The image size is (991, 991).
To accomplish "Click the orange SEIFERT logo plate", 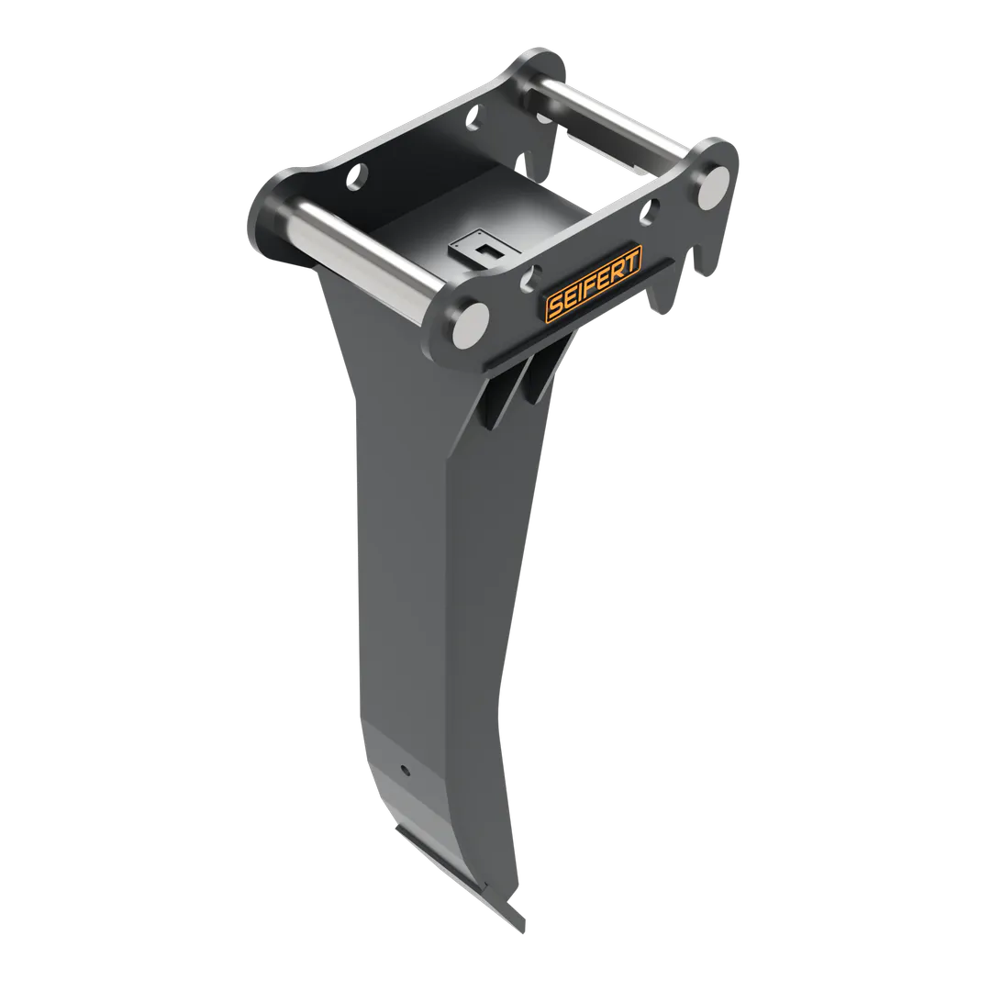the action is pyautogui.click(x=594, y=282).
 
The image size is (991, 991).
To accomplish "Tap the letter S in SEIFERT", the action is pyautogui.click(x=556, y=306).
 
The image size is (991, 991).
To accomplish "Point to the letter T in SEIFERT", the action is pyautogui.click(x=632, y=258).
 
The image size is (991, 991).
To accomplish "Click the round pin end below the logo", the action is pyautogui.click(x=472, y=324).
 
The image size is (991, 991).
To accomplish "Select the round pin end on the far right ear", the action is pyautogui.click(x=715, y=186).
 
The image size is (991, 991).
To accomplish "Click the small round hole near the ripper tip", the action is pyautogui.click(x=406, y=770).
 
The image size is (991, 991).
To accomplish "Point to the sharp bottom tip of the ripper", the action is pyautogui.click(x=523, y=928).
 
